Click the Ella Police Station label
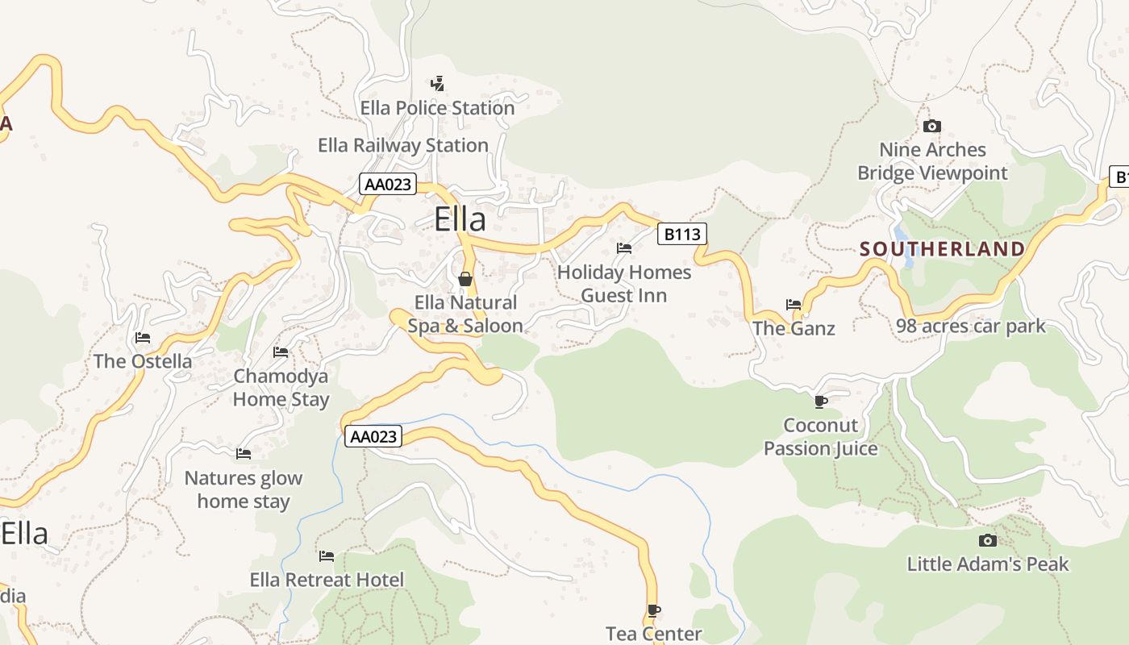point(437,108)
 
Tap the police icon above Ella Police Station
point(437,83)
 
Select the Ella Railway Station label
point(403,145)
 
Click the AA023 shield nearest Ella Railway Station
point(388,185)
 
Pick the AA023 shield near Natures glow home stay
point(373,437)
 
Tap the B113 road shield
point(681,235)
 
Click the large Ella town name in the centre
point(460,219)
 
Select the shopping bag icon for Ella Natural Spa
point(465,280)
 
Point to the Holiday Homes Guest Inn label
point(624,284)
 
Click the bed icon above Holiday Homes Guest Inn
point(623,248)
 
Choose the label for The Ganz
point(794,328)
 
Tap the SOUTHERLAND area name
point(942,249)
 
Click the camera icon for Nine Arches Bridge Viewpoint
point(931,126)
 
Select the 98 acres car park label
point(971,327)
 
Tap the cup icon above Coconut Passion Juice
point(820,401)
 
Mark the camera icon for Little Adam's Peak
point(987,540)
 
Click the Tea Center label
point(654,634)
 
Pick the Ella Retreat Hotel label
point(327,580)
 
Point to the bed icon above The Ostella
point(143,337)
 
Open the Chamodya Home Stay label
point(281,388)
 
